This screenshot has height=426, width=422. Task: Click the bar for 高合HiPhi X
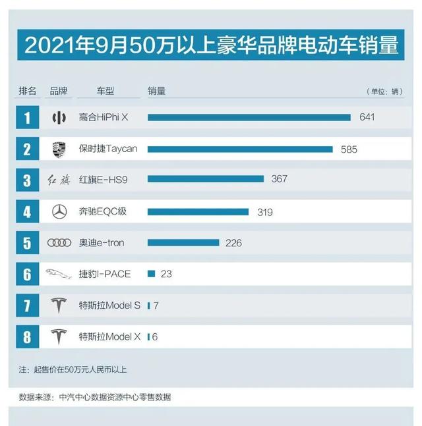pos(249,118)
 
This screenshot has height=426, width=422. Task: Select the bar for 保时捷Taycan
pos(240,149)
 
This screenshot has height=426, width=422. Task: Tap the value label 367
pos(279,179)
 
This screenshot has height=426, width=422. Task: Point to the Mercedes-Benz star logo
pos(59,212)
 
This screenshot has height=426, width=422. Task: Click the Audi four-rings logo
pos(59,243)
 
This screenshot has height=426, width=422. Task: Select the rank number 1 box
pos(27,118)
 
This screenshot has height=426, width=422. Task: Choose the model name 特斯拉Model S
pos(109,306)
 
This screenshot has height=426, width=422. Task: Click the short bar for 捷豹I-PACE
pos(151,274)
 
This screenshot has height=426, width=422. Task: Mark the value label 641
pos(367,117)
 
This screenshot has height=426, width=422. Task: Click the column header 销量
pos(156,91)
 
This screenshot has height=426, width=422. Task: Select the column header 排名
pos(28,91)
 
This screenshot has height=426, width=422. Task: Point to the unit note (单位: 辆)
pos(384,92)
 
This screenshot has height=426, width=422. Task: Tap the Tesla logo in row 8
pos(59,337)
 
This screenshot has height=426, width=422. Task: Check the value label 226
pos(233,243)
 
